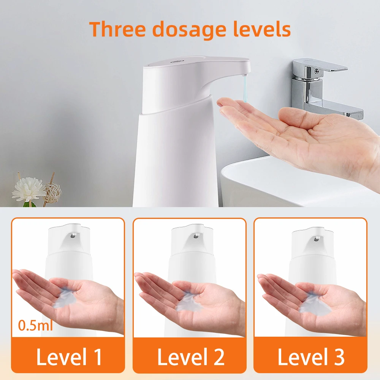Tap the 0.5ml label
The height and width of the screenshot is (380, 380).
(x=36, y=325)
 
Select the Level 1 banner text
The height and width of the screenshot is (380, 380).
(x=69, y=357)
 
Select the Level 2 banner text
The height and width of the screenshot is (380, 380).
(x=190, y=357)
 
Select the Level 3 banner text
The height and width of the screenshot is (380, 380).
(x=311, y=357)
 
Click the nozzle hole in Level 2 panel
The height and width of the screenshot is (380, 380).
(x=195, y=236)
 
